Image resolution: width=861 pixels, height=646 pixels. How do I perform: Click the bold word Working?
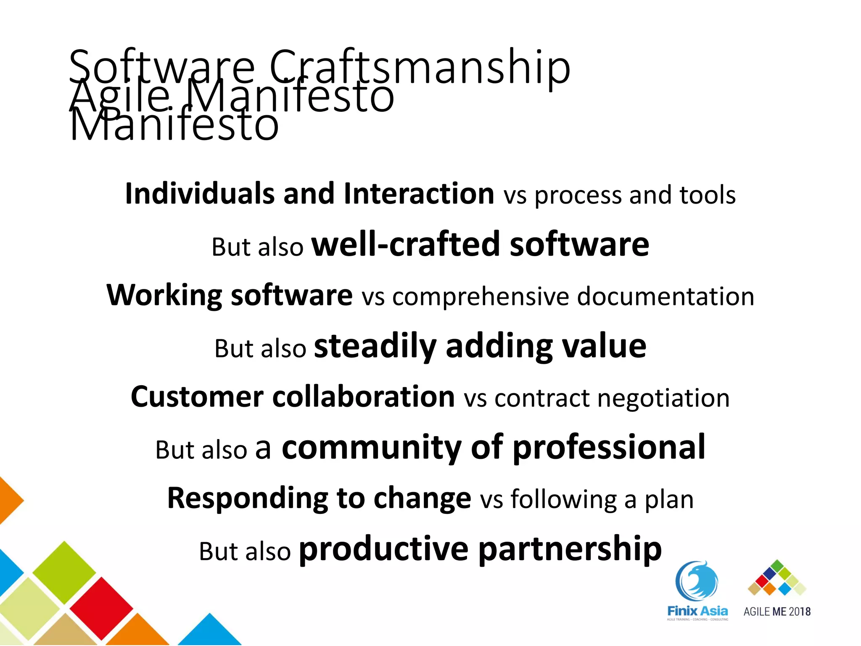(164, 295)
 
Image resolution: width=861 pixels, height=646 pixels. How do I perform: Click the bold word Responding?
(247, 498)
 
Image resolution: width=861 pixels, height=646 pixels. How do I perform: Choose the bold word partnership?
(570, 549)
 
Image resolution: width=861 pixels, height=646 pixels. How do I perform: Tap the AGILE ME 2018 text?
(777, 612)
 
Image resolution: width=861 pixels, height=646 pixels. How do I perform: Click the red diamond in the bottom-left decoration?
(101, 607)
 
